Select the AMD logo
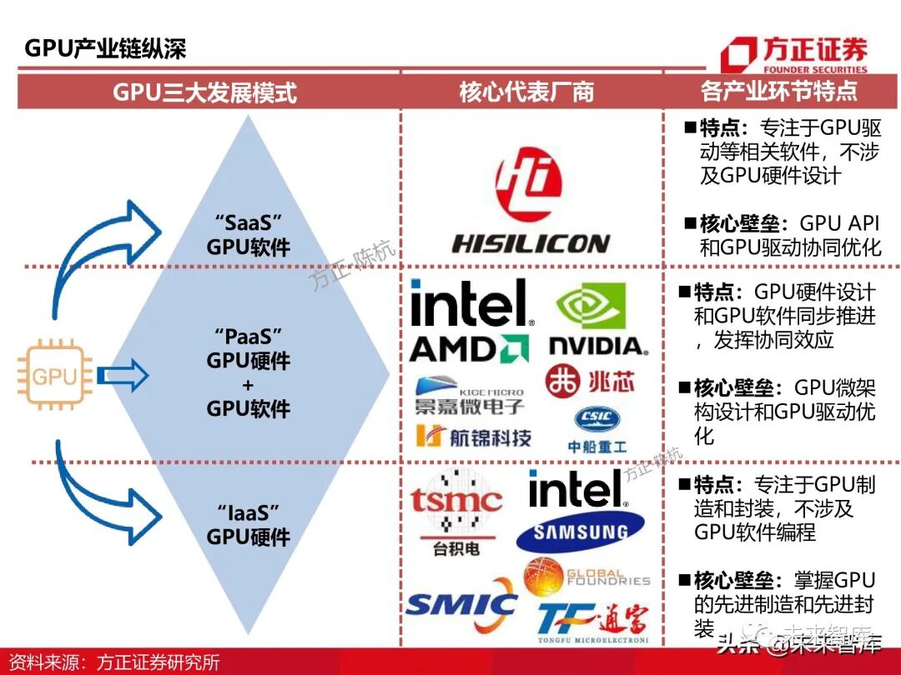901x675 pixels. [x=470, y=348]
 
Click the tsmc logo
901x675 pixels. [x=456, y=509]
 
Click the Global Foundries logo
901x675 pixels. [x=586, y=577]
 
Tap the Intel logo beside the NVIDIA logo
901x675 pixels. [x=471, y=303]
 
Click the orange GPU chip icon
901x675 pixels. [x=54, y=377]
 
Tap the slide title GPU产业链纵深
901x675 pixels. [x=105, y=48]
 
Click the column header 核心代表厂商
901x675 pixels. [x=526, y=92]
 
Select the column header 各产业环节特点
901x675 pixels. [x=778, y=91]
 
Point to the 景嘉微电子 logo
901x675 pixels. [x=470, y=397]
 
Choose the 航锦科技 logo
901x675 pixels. [x=473, y=436]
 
